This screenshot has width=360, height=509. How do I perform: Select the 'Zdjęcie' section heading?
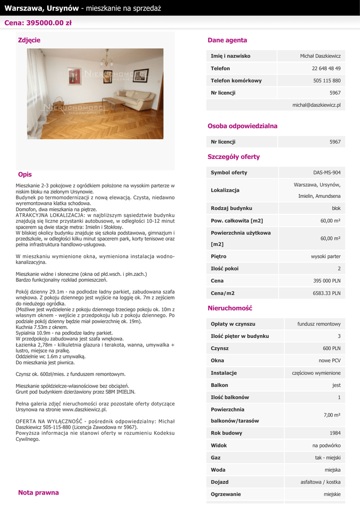(29, 40)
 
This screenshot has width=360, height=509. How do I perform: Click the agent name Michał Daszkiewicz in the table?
(320, 56)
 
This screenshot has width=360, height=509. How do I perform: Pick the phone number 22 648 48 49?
(326, 68)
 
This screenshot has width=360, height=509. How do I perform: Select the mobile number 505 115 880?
(327, 81)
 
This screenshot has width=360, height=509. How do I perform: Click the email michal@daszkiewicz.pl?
(316, 105)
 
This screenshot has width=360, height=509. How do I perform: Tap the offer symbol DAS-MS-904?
(327, 172)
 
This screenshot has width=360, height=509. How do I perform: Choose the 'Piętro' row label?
(218, 256)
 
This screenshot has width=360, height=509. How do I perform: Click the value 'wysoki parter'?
(326, 256)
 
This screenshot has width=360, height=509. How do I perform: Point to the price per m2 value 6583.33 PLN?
(327, 293)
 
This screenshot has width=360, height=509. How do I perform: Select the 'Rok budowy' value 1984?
(335, 433)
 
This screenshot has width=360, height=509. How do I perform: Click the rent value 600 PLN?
(332, 348)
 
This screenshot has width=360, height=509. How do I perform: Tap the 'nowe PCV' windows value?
(329, 360)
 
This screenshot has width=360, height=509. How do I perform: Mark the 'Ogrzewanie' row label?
(226, 494)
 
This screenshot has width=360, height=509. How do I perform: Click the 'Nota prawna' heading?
(38, 493)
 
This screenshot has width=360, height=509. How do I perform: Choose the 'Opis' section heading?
(25, 174)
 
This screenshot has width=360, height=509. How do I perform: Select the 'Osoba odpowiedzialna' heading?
(242, 126)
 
